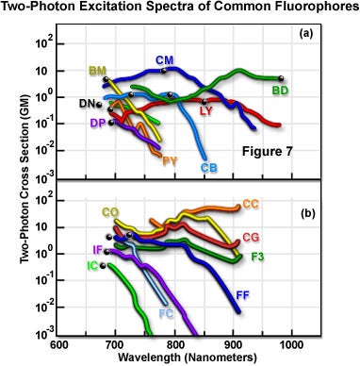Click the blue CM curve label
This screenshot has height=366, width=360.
165,60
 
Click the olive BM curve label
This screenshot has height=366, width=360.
97,72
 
